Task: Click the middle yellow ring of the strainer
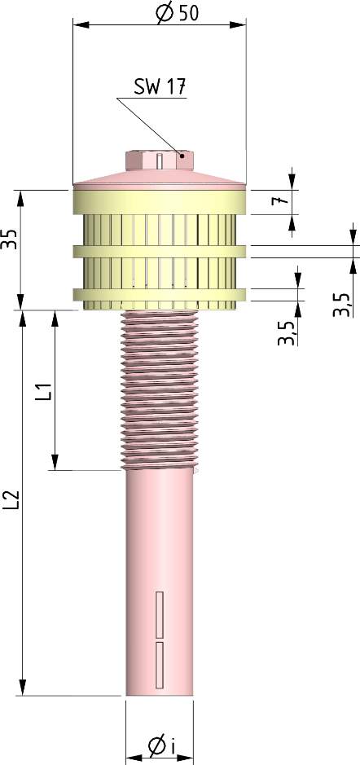[x=160, y=251]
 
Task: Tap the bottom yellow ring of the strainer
[x=160, y=294]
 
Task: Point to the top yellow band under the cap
[x=160, y=200]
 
